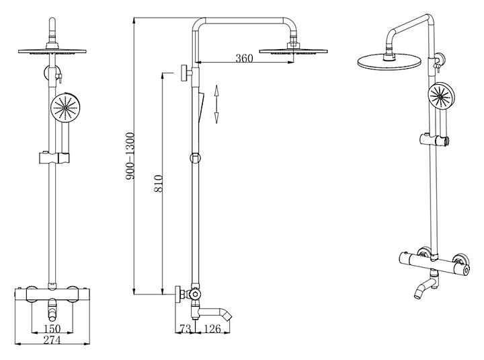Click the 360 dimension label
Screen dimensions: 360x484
click(x=244, y=59)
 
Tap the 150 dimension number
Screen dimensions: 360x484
click(x=52, y=328)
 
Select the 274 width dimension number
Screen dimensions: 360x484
click(x=52, y=341)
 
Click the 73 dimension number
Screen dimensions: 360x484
click(x=186, y=328)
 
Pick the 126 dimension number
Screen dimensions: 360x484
click(x=213, y=328)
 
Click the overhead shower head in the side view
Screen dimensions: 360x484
click(x=293, y=49)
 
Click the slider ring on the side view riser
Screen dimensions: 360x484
click(x=195, y=159)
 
